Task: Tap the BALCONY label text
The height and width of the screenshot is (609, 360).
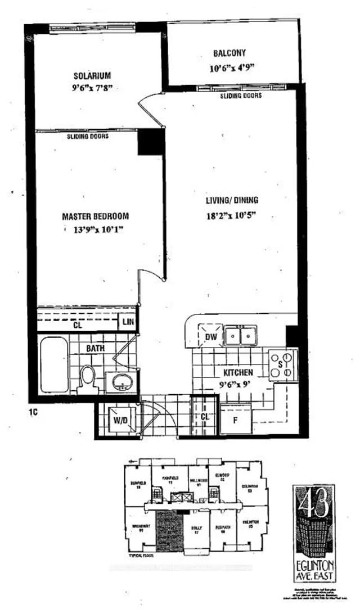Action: coord(229,54)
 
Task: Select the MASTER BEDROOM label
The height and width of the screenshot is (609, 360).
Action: coord(96,216)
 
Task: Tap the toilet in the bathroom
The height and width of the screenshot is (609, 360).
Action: coord(88,376)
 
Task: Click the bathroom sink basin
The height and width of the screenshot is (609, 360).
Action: coord(121,384)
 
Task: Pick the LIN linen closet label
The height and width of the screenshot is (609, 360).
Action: coord(127,323)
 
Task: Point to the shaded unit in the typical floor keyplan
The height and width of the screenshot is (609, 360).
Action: coord(167,528)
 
